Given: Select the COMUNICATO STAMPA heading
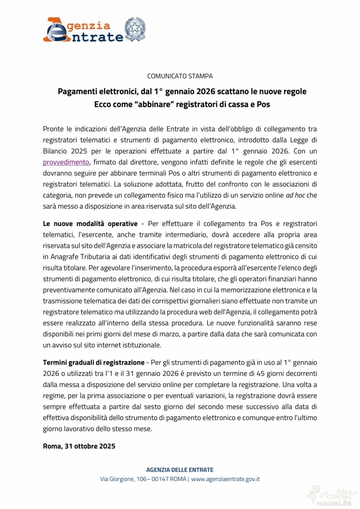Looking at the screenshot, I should [x=180, y=76].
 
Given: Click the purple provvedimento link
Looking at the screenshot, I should [x=66, y=162].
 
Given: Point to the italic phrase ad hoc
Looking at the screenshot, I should [x=296, y=195].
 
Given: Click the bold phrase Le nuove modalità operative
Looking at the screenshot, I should [x=90, y=224].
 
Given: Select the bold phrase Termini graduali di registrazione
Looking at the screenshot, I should [x=94, y=362].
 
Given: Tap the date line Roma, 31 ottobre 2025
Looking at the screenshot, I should [x=79, y=446].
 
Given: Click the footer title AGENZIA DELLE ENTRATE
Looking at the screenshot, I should [x=180, y=470].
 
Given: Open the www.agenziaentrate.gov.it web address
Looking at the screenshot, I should [x=225, y=479].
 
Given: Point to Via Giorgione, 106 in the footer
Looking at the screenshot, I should [x=123, y=479].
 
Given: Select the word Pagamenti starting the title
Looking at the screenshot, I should [x=77, y=91].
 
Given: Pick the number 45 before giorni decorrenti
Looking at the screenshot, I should [x=261, y=373].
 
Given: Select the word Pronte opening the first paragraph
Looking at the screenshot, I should [x=53, y=129].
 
